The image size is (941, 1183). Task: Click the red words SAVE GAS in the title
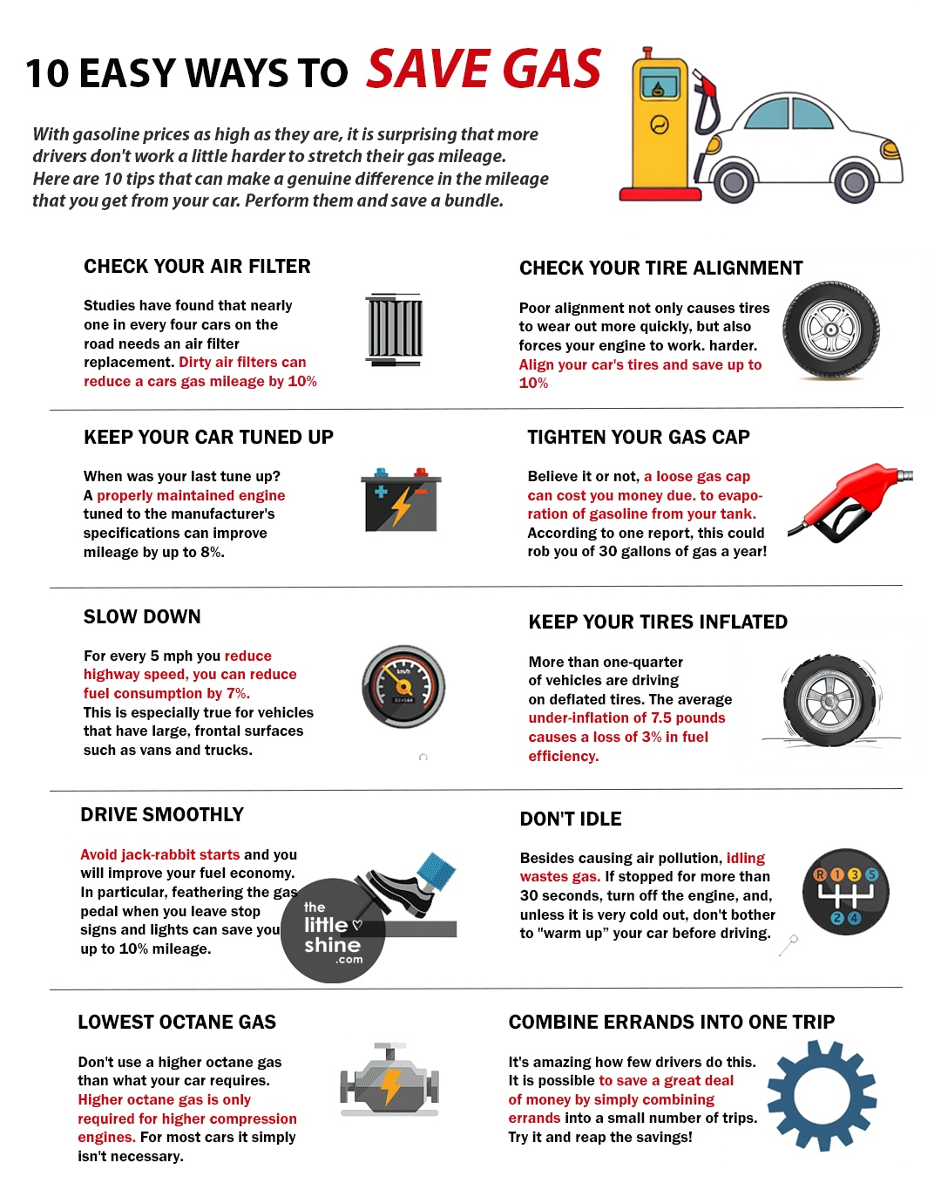point(484,70)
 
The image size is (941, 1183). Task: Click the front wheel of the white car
point(854,182)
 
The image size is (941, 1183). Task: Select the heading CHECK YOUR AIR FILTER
point(197,267)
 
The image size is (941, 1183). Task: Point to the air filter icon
point(395,330)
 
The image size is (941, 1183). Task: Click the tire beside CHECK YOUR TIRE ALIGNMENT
point(830,330)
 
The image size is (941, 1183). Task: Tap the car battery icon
point(401,500)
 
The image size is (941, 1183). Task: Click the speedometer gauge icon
point(403,687)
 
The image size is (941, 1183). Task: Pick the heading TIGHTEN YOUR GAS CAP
point(638,438)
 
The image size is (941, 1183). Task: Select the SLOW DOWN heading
point(142,617)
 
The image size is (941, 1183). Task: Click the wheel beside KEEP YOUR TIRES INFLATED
point(829,701)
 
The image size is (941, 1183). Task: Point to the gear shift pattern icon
point(845,892)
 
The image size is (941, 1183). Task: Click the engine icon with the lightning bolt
point(389,1080)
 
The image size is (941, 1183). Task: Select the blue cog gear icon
point(821,1099)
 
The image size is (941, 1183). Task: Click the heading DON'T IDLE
point(571,819)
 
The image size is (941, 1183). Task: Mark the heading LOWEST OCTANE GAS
point(177,1023)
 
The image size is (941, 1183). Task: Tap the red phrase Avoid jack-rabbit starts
point(159,855)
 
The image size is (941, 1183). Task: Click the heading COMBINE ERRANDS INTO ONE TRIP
point(672,1023)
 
